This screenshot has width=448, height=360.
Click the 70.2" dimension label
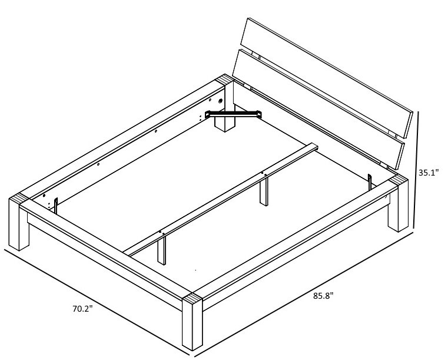pos(82,309)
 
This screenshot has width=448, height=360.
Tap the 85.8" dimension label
pos(323,296)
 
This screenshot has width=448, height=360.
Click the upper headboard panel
pos(327,78)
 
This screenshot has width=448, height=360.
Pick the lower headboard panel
pos(318,109)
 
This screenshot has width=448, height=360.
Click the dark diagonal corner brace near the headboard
pos(233,114)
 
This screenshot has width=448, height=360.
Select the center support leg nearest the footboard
pos(162,248)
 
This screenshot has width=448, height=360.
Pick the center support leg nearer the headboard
pos(264,190)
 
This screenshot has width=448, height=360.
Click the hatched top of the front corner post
pos(193,299)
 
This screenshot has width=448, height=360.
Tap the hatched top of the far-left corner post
pos(19,199)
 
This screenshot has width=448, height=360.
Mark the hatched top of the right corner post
pos(399,180)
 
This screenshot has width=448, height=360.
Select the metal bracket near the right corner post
pos(370,181)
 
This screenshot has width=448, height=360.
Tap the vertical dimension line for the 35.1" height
pos(416,169)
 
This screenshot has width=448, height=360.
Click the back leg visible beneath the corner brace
pos(225,125)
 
